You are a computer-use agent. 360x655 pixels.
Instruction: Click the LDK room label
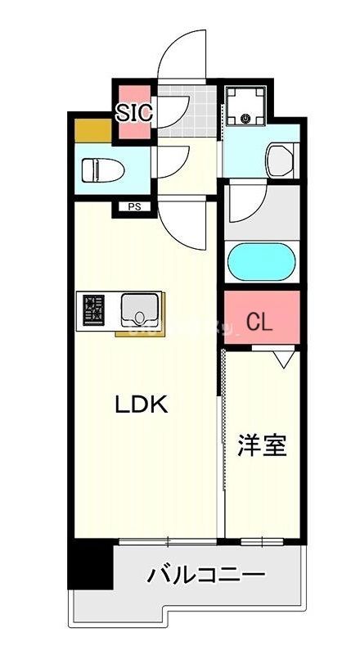click(x=141, y=404)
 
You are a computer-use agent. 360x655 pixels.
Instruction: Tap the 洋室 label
click(x=263, y=446)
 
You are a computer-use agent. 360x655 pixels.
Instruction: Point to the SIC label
click(x=133, y=112)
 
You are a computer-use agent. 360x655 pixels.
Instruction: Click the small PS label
click(x=133, y=206)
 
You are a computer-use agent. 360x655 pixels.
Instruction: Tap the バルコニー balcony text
click(x=206, y=575)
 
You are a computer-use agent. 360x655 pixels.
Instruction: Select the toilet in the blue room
click(x=102, y=169)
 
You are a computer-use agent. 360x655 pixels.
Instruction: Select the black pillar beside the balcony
click(x=90, y=564)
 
